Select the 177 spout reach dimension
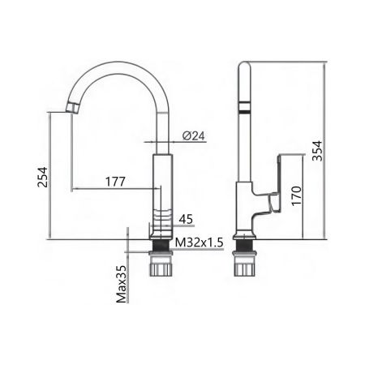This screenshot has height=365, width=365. pyautogui.click(x=115, y=182)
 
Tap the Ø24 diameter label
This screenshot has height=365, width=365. pyautogui.click(x=191, y=135)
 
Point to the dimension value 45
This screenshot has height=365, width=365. pyautogui.click(x=184, y=218)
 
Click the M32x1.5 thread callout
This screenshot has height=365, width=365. pyautogui.click(x=199, y=242)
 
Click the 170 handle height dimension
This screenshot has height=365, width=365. pyautogui.click(x=297, y=195)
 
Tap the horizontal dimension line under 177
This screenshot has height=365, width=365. pyautogui.click(x=115, y=190)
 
